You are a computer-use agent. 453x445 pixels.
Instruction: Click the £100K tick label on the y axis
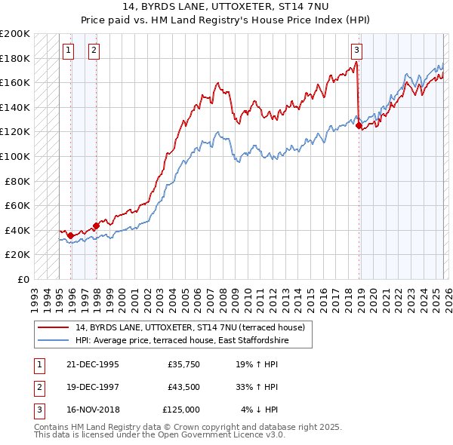point(15,156)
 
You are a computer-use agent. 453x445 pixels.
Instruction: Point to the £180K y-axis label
point(15,58)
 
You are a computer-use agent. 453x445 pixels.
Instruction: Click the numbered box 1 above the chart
point(68,51)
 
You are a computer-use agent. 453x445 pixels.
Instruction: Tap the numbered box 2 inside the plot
point(94,51)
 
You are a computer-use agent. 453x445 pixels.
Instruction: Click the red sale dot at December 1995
point(71,235)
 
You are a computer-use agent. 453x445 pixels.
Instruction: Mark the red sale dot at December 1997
point(96,226)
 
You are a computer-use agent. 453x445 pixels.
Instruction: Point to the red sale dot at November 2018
point(359,126)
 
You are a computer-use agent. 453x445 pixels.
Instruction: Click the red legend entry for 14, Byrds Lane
point(190,327)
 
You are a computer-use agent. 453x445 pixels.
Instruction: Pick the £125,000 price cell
point(180,410)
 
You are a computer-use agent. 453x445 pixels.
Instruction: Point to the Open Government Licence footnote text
point(159,435)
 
